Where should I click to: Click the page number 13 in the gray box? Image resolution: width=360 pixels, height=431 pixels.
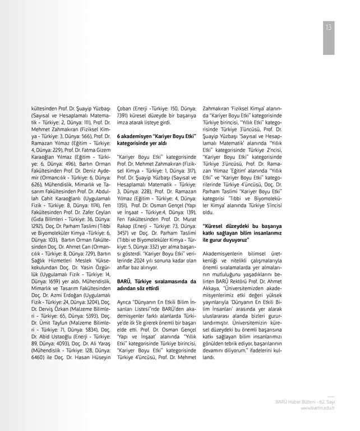[329, 27]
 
